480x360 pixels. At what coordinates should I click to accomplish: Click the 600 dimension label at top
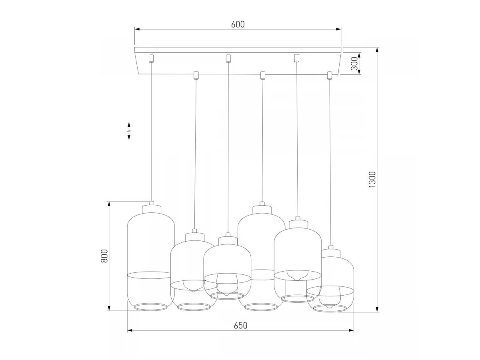(x=238, y=24)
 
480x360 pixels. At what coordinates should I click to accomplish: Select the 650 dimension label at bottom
(x=240, y=326)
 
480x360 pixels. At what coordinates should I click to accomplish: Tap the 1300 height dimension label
(x=372, y=180)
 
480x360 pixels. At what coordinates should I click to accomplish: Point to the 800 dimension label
(x=104, y=256)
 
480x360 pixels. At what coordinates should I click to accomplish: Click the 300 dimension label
(x=354, y=64)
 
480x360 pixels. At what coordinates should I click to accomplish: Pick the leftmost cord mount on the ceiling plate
(x=151, y=58)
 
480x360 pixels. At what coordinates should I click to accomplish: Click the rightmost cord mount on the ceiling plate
(x=329, y=76)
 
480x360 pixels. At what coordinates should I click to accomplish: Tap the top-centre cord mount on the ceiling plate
(x=228, y=58)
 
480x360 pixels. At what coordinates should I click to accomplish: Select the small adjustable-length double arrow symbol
(x=129, y=131)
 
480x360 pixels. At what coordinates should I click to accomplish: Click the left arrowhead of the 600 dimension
(x=137, y=29)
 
